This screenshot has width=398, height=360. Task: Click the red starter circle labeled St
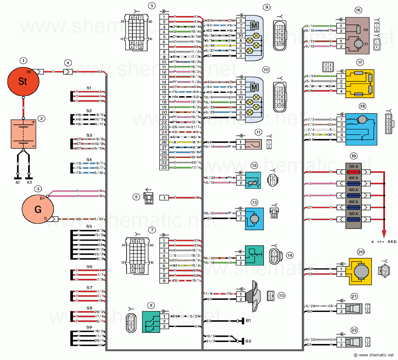23,81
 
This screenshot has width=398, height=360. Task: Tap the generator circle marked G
38,209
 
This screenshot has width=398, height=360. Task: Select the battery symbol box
23,134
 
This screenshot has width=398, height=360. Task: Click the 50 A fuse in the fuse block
354,172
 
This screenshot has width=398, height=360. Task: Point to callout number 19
353,156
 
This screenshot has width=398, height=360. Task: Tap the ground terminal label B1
249,321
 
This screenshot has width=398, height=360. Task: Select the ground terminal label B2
249,341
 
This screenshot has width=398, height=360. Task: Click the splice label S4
89,160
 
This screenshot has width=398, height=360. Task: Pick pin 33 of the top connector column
164,167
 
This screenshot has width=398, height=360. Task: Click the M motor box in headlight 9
254,26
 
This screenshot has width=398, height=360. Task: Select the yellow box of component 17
360,84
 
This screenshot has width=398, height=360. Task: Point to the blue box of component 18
361,129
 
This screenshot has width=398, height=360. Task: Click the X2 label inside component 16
366,30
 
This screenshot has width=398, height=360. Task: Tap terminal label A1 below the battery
18,182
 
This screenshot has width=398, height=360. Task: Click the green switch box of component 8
151,322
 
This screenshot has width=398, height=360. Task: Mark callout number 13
254,203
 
